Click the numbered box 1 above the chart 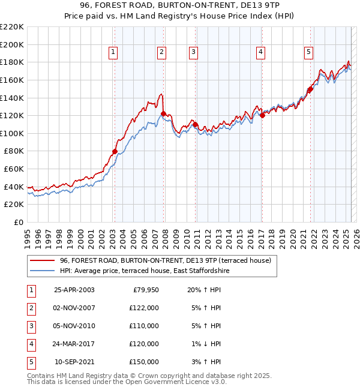[114, 53]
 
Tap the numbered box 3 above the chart [194, 53]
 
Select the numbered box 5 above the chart [308, 53]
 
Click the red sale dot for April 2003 [115, 151]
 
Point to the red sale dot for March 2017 [262, 115]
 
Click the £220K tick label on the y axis [12, 26]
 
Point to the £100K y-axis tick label [12, 133]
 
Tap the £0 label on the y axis [18, 222]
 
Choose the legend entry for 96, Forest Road [166, 260]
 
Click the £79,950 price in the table [145, 290]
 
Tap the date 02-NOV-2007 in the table [74, 308]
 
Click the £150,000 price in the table [144, 362]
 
